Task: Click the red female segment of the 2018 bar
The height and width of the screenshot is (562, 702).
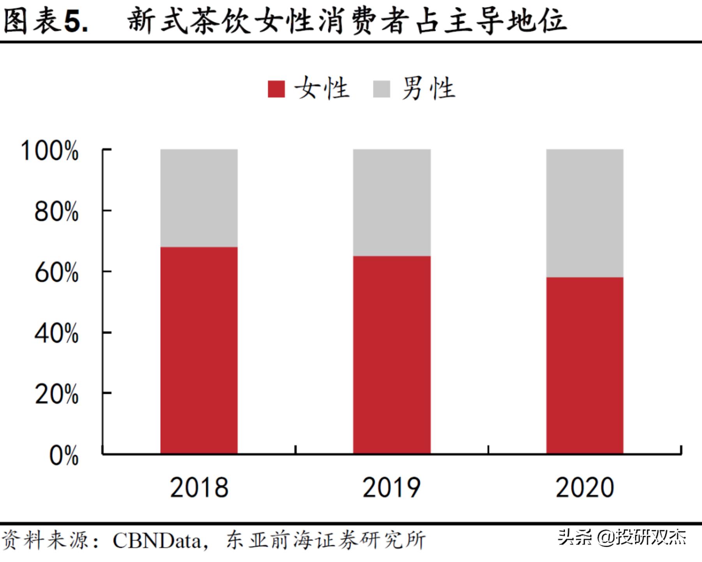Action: click(199, 350)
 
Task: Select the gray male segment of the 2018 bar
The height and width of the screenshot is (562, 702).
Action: click(199, 198)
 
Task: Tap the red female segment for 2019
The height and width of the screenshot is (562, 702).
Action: click(392, 354)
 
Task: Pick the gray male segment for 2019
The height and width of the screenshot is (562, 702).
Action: click(392, 203)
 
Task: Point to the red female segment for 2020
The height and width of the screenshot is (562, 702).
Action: click(584, 365)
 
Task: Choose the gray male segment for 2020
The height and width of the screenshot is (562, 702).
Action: click(584, 213)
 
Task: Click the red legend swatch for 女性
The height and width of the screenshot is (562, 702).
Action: click(276, 89)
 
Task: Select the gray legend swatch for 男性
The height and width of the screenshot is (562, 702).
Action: click(382, 89)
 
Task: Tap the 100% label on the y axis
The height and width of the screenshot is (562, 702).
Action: click(50, 151)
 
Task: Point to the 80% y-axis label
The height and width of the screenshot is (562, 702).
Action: click(57, 212)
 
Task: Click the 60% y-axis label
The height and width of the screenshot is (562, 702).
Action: click(57, 272)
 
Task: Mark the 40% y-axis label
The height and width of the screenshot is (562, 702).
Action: click(57, 334)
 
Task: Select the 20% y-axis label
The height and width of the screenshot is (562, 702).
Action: click(57, 394)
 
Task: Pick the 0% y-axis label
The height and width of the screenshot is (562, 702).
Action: click(64, 455)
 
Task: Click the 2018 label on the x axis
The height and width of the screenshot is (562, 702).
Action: click(199, 488)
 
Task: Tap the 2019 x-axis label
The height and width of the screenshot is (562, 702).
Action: click(392, 488)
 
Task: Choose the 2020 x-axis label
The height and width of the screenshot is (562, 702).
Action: click(584, 488)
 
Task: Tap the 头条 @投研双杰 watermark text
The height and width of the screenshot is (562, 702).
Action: click(622, 537)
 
